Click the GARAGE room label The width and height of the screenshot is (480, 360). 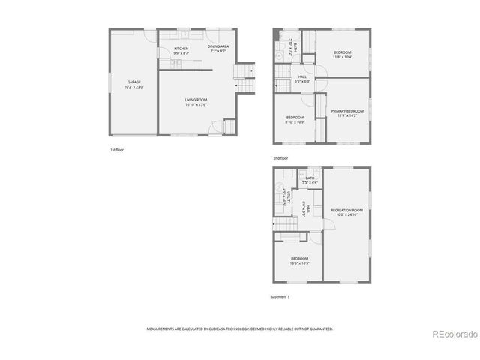pos(133,82)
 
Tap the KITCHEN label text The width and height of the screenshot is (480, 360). pos(181,48)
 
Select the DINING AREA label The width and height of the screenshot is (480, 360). pos(219,46)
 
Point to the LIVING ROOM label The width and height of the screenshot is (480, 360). pos(196,100)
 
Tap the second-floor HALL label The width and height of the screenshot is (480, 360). pos(302,76)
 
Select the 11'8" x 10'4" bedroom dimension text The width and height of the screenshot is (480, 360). pos(343,57)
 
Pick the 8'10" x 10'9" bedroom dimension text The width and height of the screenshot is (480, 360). pos(295,122)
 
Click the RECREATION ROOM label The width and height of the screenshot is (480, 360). pos(346,210)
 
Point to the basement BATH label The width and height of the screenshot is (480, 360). pos(310,178)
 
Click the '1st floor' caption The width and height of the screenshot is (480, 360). pos(116,150)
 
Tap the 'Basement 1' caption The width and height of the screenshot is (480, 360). pos(280,296)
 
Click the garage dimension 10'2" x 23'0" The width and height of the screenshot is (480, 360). pos(133,87)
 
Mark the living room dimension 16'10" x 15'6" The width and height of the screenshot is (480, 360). pos(196,105)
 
